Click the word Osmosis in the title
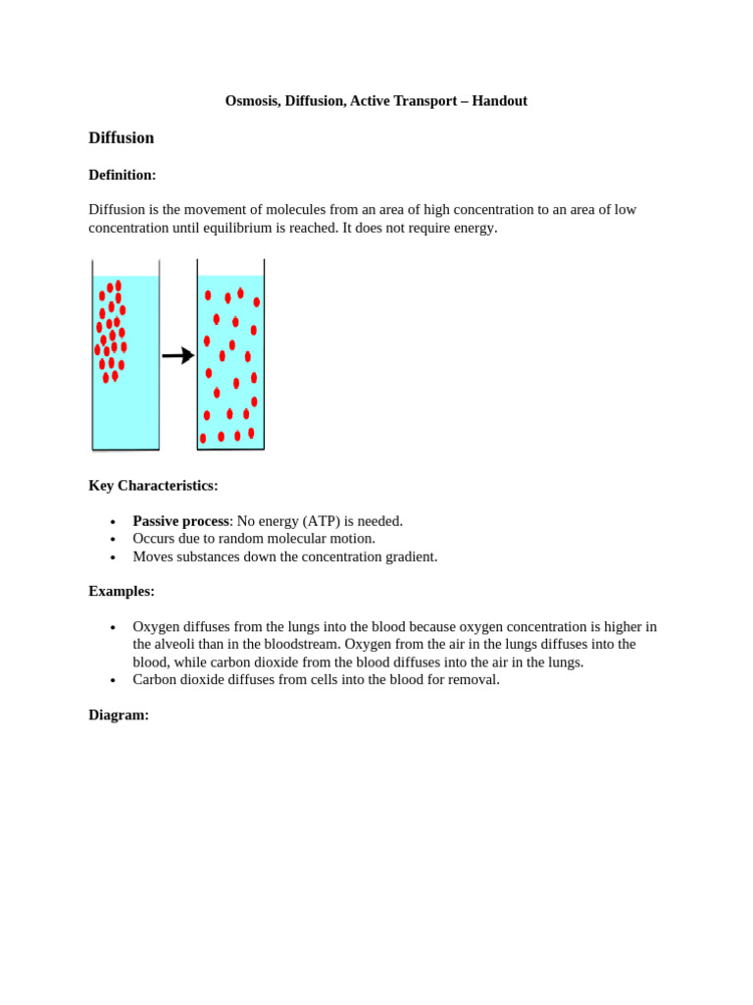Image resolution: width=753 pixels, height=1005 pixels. (x=252, y=101)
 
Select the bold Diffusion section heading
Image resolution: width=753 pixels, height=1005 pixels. (x=122, y=138)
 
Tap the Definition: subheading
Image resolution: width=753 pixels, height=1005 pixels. (x=123, y=175)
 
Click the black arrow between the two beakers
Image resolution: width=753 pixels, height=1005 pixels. (x=178, y=355)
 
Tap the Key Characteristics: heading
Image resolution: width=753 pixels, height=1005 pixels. (x=153, y=486)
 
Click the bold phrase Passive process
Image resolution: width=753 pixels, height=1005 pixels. (x=180, y=521)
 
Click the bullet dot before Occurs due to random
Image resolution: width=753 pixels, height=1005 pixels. (x=113, y=540)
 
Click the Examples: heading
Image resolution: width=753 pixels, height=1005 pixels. (x=122, y=591)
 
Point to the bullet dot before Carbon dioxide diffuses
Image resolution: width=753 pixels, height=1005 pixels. (x=113, y=680)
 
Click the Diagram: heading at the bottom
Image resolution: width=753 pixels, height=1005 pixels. (x=119, y=715)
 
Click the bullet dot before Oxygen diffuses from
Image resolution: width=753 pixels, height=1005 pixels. (x=113, y=627)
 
